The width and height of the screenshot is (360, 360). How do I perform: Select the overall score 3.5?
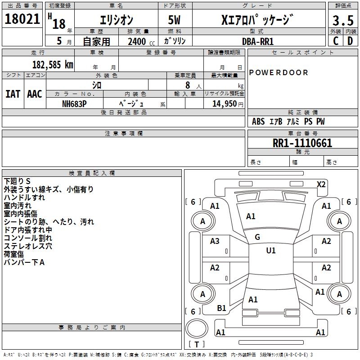[343, 21]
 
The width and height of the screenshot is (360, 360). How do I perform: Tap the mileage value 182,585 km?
[53, 64]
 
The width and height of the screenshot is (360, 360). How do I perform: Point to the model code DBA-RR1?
[258, 41]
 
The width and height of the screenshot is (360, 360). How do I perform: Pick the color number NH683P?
[75, 103]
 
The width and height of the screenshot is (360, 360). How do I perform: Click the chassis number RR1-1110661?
[302, 143]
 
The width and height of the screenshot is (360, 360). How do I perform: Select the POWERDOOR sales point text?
[279, 72]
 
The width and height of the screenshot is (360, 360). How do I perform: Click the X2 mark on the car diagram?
[321, 184]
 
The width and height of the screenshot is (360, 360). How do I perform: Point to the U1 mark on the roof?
[270, 250]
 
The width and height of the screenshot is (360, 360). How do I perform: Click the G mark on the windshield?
[257, 237]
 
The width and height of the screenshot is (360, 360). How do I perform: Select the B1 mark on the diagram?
[221, 308]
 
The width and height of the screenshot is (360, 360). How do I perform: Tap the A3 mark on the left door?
[215, 241]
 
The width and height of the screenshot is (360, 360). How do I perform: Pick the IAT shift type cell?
[13, 94]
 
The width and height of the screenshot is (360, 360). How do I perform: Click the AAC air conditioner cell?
[34, 94]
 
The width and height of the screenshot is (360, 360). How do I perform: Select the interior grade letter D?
[350, 40]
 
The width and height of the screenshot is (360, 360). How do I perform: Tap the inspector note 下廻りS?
[18, 181]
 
